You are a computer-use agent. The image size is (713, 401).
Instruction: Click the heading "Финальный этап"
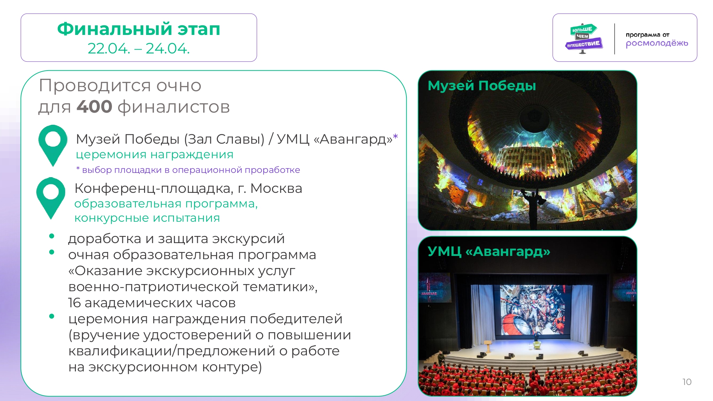coord(139,29)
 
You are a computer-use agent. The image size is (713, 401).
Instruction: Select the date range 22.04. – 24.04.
coord(139,48)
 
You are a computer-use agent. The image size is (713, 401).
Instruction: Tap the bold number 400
coord(94,107)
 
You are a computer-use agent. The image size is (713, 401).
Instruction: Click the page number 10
coord(687,382)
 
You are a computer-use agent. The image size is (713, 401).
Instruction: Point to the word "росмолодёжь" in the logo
coord(657,43)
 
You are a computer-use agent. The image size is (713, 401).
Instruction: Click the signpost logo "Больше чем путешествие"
coord(583,38)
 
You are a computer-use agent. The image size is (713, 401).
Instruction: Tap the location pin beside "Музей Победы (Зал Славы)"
coord(53,145)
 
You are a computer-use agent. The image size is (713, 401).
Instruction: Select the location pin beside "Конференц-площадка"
coord(51,198)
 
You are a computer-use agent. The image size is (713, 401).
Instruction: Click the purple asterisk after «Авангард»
coord(395,137)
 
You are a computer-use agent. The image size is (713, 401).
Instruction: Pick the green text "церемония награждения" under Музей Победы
coord(155,154)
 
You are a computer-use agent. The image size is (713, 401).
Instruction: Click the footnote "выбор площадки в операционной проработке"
coord(191,170)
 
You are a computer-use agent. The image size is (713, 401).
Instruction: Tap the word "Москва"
coord(276,188)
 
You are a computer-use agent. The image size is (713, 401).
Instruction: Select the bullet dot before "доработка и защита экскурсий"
coord(52,236)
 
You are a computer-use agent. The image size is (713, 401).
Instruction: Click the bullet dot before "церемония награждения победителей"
coord(52,316)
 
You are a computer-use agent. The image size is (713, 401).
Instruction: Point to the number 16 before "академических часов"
coord(74,303)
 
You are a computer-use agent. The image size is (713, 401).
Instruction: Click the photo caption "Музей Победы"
coord(482,86)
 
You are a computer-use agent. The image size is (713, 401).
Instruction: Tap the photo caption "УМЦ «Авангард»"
coord(489,251)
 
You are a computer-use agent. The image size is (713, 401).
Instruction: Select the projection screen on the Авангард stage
coord(533,310)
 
